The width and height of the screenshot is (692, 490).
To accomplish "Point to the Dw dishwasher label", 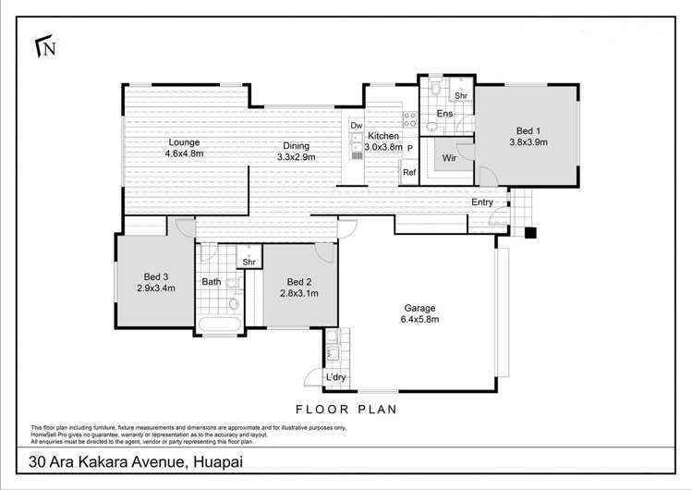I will click(357, 126).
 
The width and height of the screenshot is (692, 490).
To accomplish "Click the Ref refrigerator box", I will click(408, 171).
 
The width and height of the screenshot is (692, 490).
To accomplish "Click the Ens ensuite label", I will click(444, 114).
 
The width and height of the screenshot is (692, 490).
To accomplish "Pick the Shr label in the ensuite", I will click(460, 94).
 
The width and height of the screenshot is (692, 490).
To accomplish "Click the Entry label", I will click(481, 202).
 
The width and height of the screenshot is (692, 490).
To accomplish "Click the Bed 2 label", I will click(299, 288).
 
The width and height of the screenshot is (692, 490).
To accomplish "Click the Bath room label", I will click(211, 282).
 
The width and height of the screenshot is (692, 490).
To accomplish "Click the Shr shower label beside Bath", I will click(249, 263).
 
